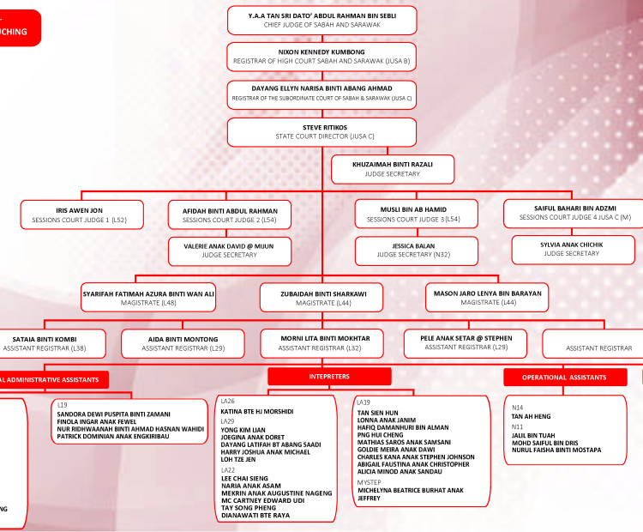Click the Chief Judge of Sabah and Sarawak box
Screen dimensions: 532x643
[x=321, y=20]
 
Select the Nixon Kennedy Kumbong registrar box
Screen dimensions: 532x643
[x=321, y=57]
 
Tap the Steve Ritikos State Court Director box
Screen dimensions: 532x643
[x=321, y=131]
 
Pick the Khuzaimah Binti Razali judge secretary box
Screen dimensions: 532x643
[x=393, y=168]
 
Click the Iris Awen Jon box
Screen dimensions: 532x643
[x=73, y=215]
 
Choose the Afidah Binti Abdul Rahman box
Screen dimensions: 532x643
[x=230, y=215]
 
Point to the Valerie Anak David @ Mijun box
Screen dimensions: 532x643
[x=230, y=250]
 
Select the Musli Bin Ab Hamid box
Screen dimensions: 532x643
[x=413, y=215]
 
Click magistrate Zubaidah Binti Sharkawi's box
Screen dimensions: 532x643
[x=323, y=297]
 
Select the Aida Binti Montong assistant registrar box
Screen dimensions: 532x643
[x=183, y=343]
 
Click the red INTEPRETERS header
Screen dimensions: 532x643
[x=329, y=377]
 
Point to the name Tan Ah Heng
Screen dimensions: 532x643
[x=531, y=416]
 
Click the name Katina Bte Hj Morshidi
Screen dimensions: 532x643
[x=256, y=412]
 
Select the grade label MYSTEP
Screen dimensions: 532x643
[x=370, y=481]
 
